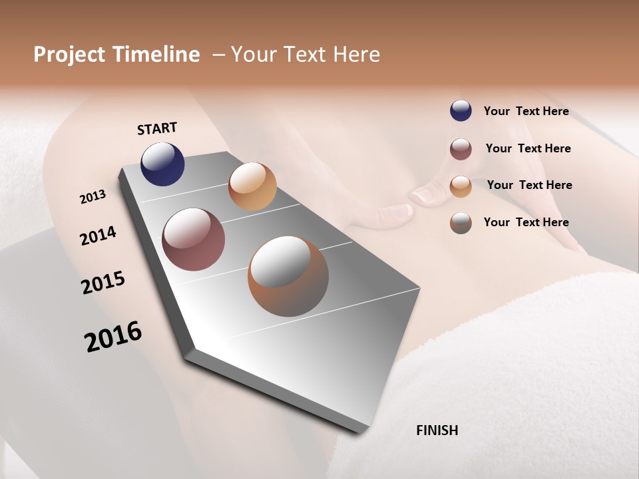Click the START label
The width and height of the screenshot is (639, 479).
coord(157,128)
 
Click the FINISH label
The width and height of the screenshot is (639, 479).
coord(437,430)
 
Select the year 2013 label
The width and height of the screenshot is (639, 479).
coord(93,197)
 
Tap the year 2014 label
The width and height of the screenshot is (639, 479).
coord(99,236)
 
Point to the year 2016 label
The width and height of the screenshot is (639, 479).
coord(113,337)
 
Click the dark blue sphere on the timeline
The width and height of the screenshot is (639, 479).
coord(162,164)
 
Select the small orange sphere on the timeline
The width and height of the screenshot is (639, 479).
coord(252,186)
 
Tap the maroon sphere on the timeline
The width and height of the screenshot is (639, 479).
coord(194,239)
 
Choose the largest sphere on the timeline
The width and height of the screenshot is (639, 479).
coord(288,276)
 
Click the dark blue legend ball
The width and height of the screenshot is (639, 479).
coord(461,110)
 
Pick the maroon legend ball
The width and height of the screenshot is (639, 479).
coord(461,149)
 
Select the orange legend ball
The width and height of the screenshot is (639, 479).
coord(461,186)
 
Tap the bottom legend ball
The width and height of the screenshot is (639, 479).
coord(461,223)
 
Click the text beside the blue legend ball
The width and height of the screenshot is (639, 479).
coord(526,111)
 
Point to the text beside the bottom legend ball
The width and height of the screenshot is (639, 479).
coord(526,222)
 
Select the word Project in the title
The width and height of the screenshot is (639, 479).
coord(69,55)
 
